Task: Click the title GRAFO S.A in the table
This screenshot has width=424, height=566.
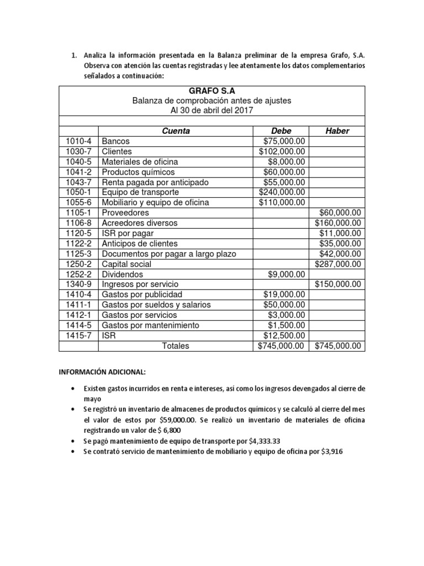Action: (x=211, y=91)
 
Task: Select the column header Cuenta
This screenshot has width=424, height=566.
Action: (x=176, y=131)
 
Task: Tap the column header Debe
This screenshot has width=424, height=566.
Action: (x=281, y=131)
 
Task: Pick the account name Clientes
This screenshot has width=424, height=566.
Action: (x=117, y=151)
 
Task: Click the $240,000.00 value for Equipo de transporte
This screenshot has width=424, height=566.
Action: (x=282, y=192)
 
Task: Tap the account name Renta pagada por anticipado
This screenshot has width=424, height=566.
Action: (x=147, y=182)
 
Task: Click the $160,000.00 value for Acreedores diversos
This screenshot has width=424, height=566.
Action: (x=338, y=223)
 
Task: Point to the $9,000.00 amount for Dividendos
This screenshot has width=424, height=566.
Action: (x=287, y=274)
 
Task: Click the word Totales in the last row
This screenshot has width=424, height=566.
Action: (x=175, y=346)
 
